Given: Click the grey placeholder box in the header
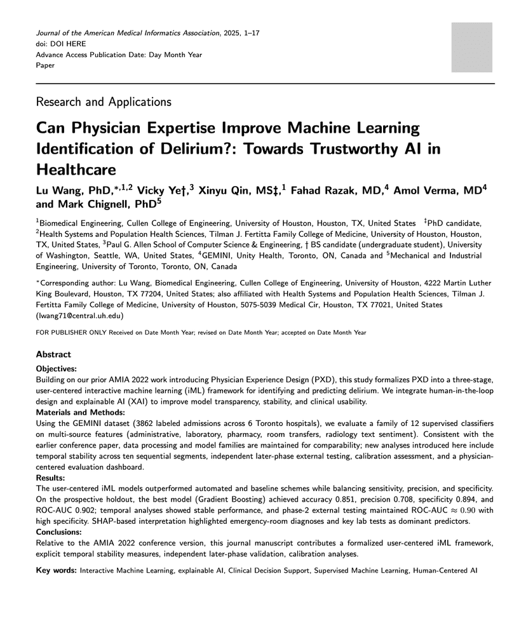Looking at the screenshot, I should pos(471,48).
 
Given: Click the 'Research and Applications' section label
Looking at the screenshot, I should pos(104,102).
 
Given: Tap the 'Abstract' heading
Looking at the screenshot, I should pos(53,354).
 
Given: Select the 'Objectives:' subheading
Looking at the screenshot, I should pos(57,369).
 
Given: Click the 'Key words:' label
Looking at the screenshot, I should pos(56,571).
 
